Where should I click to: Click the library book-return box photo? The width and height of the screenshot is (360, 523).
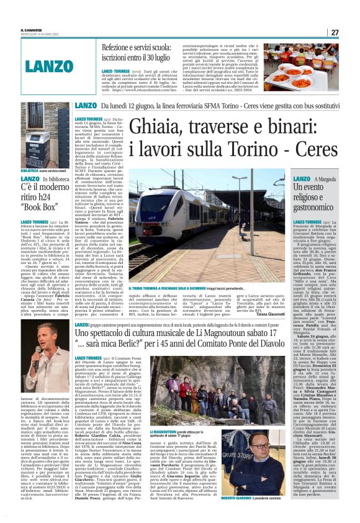[x=45, y=136]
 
